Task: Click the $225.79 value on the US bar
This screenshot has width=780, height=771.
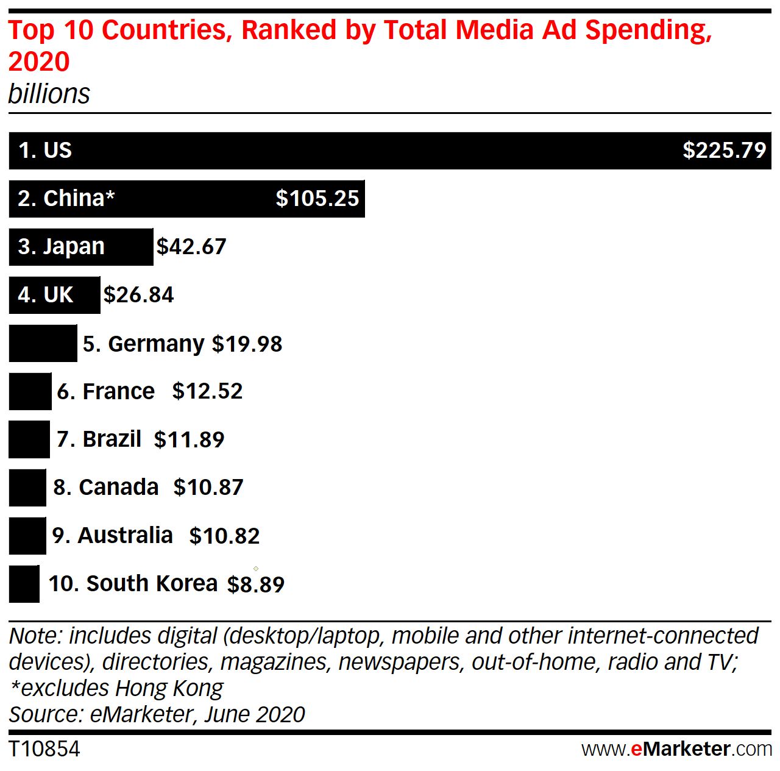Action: tap(724, 150)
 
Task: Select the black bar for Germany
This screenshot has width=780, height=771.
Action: tap(43, 344)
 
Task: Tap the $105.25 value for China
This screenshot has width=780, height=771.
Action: tap(317, 199)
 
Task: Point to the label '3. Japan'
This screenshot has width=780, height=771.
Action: tap(61, 247)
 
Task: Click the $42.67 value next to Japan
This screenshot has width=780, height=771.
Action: tap(191, 247)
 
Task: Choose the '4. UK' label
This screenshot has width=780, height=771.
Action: tap(45, 295)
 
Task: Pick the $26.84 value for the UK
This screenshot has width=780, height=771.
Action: tap(139, 295)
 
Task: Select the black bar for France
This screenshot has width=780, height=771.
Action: tap(30, 391)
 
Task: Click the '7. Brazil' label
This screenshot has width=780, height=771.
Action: tap(99, 439)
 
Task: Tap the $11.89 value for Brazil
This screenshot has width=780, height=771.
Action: tap(189, 439)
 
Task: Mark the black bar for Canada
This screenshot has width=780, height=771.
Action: tap(27, 488)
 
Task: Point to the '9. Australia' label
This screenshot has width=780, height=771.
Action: tap(112, 535)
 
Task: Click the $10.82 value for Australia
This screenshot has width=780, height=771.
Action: tap(224, 536)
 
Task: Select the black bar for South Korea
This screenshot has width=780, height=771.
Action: tap(24, 584)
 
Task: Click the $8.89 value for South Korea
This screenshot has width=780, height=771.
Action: tap(256, 584)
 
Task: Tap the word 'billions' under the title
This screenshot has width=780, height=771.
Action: tap(49, 94)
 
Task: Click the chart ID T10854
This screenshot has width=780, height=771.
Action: tap(44, 749)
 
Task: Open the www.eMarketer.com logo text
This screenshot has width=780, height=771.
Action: tap(676, 748)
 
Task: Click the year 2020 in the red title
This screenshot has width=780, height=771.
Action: tap(39, 62)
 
